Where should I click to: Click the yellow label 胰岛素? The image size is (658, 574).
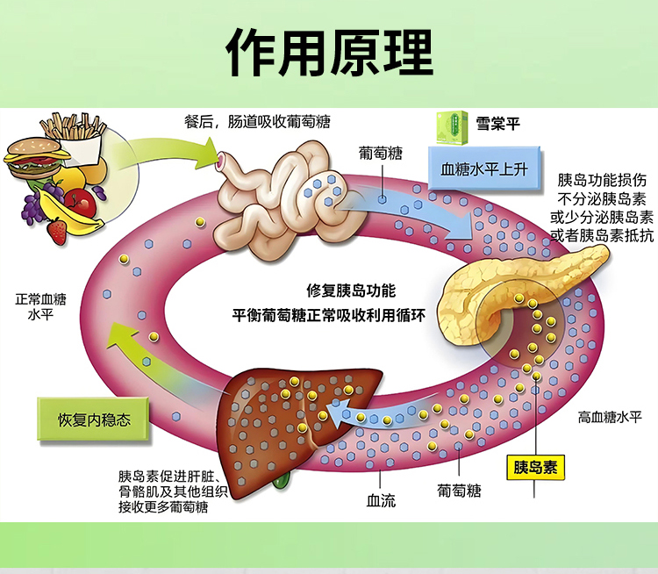point(536,466)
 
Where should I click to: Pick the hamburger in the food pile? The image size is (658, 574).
point(36,157)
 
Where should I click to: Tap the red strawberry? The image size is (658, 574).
point(57,231)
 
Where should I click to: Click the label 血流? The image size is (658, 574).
point(381,501)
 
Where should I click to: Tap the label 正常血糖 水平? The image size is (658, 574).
point(40,306)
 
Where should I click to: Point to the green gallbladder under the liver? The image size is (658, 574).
point(282,479)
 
